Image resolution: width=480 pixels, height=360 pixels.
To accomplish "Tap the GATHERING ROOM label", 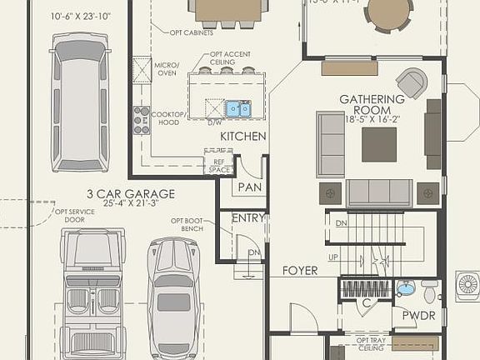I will tap(372, 105).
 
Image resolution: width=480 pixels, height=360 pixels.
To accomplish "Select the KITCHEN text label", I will tap(243, 136).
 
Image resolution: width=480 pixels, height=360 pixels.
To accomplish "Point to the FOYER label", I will tap(300, 271).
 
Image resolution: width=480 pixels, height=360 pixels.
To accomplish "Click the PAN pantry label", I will tap(249, 187).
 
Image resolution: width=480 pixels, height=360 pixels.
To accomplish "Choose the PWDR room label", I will tap(417, 316).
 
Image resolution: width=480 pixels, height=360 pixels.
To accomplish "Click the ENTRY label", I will tap(248, 218).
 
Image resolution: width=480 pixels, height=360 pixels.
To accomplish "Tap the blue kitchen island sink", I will tap(238, 108).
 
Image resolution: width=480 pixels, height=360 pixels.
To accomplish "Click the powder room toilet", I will tap(430, 292).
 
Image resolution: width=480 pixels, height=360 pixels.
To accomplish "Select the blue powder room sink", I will tap(405, 289).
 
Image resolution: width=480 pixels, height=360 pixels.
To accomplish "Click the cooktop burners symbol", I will tap(142, 120).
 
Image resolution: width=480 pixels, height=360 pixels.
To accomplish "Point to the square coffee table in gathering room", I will tap(379, 144).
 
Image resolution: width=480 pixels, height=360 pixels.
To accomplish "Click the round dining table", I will tap(389, 12).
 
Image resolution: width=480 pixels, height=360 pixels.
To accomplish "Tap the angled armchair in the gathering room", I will tap(412, 82).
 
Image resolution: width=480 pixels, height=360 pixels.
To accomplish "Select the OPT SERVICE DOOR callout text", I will tap(75, 216).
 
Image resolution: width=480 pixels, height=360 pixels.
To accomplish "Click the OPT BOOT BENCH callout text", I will tap(187, 224).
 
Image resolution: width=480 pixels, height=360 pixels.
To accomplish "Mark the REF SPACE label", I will tap(219, 165).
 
